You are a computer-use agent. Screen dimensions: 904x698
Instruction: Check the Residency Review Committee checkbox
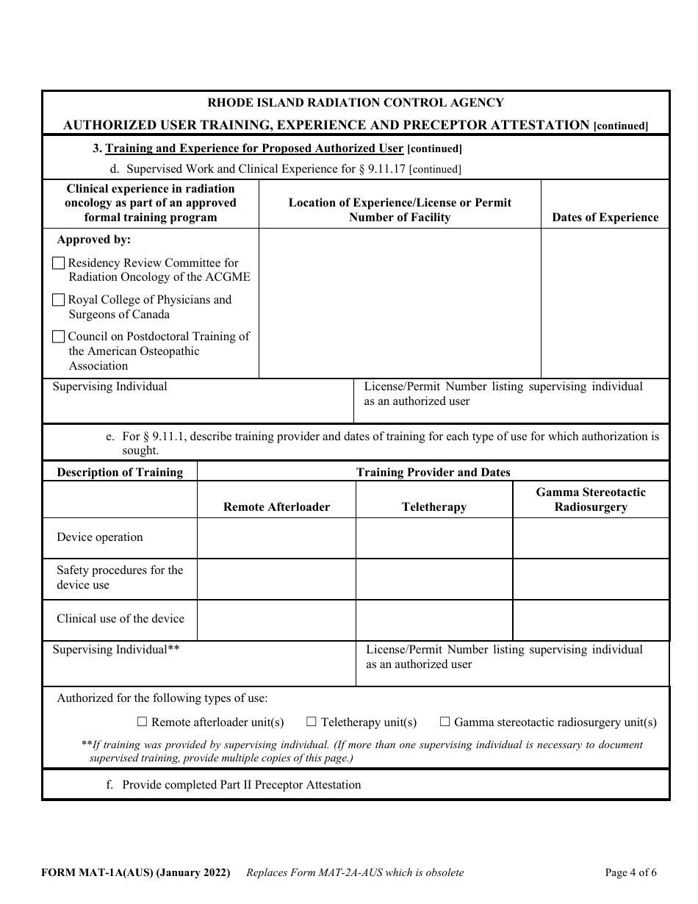59,263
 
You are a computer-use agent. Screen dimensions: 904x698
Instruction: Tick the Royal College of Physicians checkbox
59,300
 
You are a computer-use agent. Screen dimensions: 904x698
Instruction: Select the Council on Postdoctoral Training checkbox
59,337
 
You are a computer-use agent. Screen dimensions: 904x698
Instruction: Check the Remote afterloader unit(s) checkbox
143,722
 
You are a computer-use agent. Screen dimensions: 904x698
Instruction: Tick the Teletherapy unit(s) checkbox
312,722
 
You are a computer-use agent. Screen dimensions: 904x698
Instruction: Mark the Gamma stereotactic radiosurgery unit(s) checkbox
445,722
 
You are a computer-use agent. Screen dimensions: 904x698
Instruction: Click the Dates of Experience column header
605,218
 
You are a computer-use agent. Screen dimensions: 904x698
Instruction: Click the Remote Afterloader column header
276,507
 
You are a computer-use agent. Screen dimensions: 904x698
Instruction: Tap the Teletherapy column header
433,507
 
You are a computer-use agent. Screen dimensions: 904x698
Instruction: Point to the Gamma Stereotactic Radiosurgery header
591,500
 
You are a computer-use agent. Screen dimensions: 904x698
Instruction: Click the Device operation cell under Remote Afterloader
276,538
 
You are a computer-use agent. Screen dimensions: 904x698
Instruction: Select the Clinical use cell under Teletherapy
433,620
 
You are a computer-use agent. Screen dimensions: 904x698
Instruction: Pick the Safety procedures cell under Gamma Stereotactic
591,578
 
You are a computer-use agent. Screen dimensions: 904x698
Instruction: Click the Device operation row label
100,537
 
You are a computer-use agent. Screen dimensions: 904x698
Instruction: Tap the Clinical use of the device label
120,619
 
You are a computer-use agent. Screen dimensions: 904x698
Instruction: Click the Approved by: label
94,240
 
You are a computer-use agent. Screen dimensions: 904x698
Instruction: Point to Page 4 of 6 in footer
630,873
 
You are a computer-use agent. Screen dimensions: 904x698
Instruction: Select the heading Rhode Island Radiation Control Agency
356,103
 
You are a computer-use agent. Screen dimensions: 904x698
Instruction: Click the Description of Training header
120,473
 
